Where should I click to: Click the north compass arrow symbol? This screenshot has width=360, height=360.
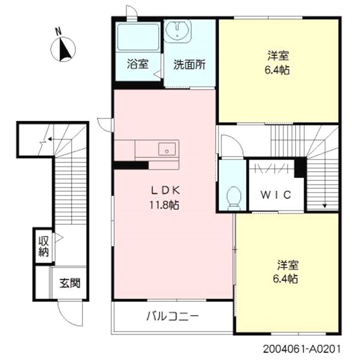65,50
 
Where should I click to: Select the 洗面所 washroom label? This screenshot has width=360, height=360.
189,65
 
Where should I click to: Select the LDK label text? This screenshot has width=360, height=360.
163,190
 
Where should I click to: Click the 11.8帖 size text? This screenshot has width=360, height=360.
163,206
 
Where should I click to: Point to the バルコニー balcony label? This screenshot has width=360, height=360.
172,316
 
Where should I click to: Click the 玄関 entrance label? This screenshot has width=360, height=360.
69,282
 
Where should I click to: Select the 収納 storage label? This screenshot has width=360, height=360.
43,246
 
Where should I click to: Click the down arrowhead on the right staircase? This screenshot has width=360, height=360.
325,206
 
